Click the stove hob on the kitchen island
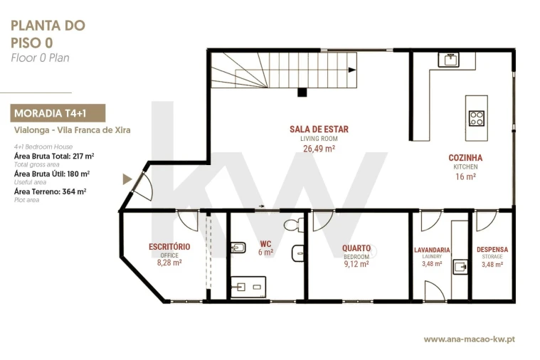pos(477,118)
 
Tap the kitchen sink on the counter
pos(448,60)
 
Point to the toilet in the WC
pos(294,226)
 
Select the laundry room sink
pos(460,267)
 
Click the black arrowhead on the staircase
pos(352,70)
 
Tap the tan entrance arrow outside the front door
pos(127,179)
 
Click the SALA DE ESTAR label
pos(319,129)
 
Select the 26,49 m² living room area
pos(319,149)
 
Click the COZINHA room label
pos(465,158)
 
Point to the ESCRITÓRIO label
pos(169,247)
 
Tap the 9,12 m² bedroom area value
pos(356,264)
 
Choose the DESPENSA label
pos(492,250)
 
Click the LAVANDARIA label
pos(432,250)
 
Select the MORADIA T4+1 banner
pos(58,113)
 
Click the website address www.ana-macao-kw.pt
pos(470,339)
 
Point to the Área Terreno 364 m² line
pos(51,191)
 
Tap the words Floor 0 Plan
pos(40,58)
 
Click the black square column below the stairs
pos(302,92)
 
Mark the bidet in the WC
pos(238,248)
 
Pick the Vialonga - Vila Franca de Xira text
pos(73,130)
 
